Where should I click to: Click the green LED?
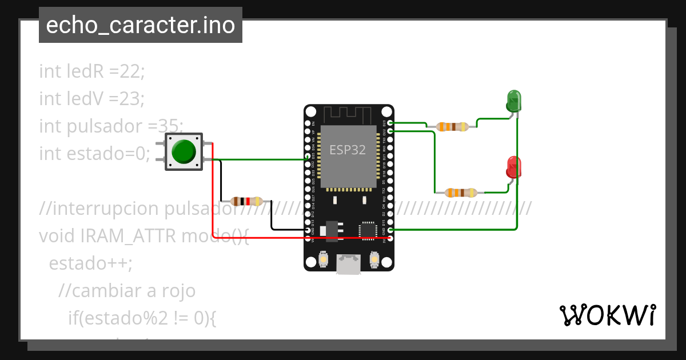[x=514, y=101]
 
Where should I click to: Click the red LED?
[x=514, y=167]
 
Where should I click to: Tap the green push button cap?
[x=184, y=151]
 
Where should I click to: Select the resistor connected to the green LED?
[x=452, y=127]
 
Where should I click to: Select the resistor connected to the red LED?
[x=461, y=193]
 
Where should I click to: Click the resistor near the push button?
[x=246, y=201]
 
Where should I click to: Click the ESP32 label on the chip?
[x=347, y=150]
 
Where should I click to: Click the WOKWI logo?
[x=607, y=315]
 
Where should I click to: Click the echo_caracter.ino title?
[x=141, y=25]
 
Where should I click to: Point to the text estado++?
[x=90, y=263]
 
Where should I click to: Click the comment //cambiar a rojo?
[x=127, y=291]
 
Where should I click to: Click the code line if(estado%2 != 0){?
[x=142, y=318]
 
